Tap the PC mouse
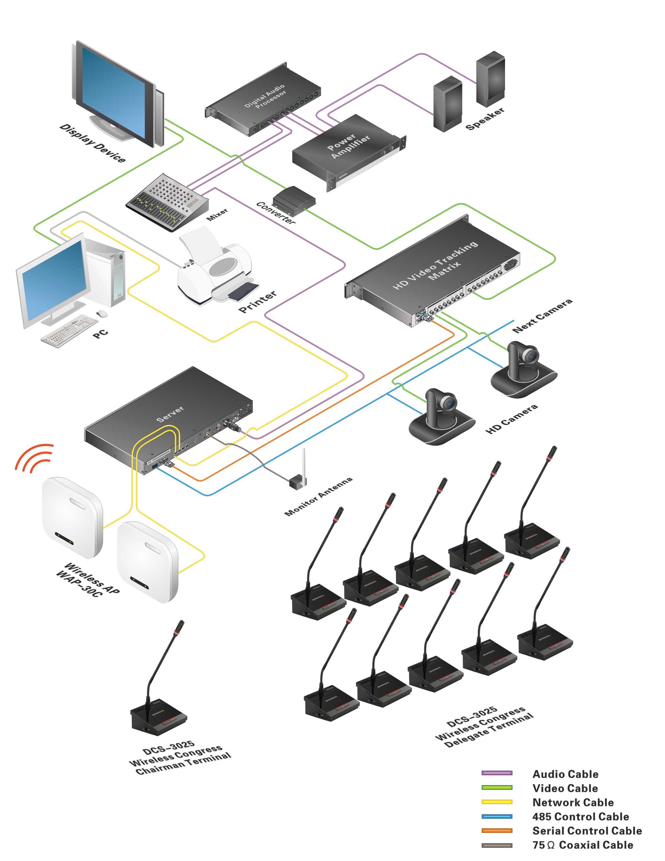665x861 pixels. pos(102,314)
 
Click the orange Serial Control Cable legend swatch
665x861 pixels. pos(497,831)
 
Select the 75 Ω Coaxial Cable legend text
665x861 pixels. pos(582,845)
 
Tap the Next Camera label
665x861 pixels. pos(542,316)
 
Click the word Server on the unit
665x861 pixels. pos(170,414)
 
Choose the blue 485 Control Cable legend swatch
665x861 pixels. pos(497,816)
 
